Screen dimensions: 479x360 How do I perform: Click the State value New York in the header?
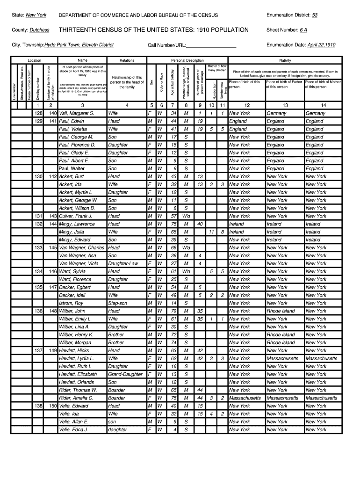tap(36, 15)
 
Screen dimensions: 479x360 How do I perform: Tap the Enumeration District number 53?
tap(315, 15)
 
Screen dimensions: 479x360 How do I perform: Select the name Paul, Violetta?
tap(72, 129)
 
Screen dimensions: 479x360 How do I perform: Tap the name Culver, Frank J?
tap(75, 216)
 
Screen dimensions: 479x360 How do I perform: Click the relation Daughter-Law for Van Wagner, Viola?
tap(122, 263)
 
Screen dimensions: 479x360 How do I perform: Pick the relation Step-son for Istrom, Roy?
tap(117, 303)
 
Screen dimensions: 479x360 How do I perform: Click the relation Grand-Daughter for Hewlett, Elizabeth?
tap(125, 374)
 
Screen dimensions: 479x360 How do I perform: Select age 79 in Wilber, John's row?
tap(173, 311)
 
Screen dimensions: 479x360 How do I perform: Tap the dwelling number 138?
tap(38, 406)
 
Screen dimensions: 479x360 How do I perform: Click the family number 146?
tap(52, 271)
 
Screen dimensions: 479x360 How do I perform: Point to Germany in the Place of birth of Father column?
tap(276, 113)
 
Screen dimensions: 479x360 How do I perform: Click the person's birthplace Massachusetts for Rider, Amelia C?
tap(245, 398)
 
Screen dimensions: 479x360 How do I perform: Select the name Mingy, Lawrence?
tap(77, 224)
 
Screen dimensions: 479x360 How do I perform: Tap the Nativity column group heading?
tap(285, 60)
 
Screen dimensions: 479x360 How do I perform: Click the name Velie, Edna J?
tap(73, 429)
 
